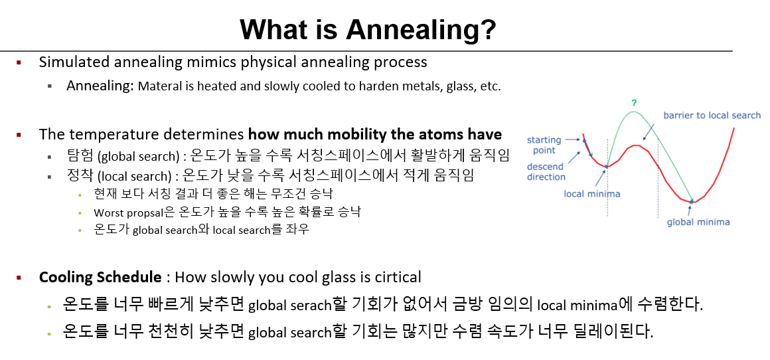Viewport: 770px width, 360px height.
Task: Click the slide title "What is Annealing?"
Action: click(368, 29)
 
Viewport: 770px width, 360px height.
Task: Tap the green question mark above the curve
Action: click(634, 103)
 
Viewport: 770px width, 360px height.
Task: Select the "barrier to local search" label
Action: click(712, 116)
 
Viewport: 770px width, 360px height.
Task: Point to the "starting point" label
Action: click(544, 145)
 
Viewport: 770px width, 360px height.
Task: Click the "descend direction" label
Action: click(546, 172)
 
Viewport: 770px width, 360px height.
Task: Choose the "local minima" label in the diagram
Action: click(591, 194)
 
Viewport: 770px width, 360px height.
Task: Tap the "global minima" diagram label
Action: click(698, 222)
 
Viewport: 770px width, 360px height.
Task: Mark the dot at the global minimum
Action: click(692, 201)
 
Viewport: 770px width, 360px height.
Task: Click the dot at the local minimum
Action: click(607, 167)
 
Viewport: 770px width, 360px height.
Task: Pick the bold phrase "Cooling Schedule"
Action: click(100, 277)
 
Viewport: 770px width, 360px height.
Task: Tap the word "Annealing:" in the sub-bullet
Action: click(100, 86)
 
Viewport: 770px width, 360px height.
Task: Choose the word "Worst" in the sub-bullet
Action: click(107, 213)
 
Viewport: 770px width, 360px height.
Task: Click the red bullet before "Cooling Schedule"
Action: click(19, 278)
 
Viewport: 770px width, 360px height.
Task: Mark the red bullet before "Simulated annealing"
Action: click(19, 62)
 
